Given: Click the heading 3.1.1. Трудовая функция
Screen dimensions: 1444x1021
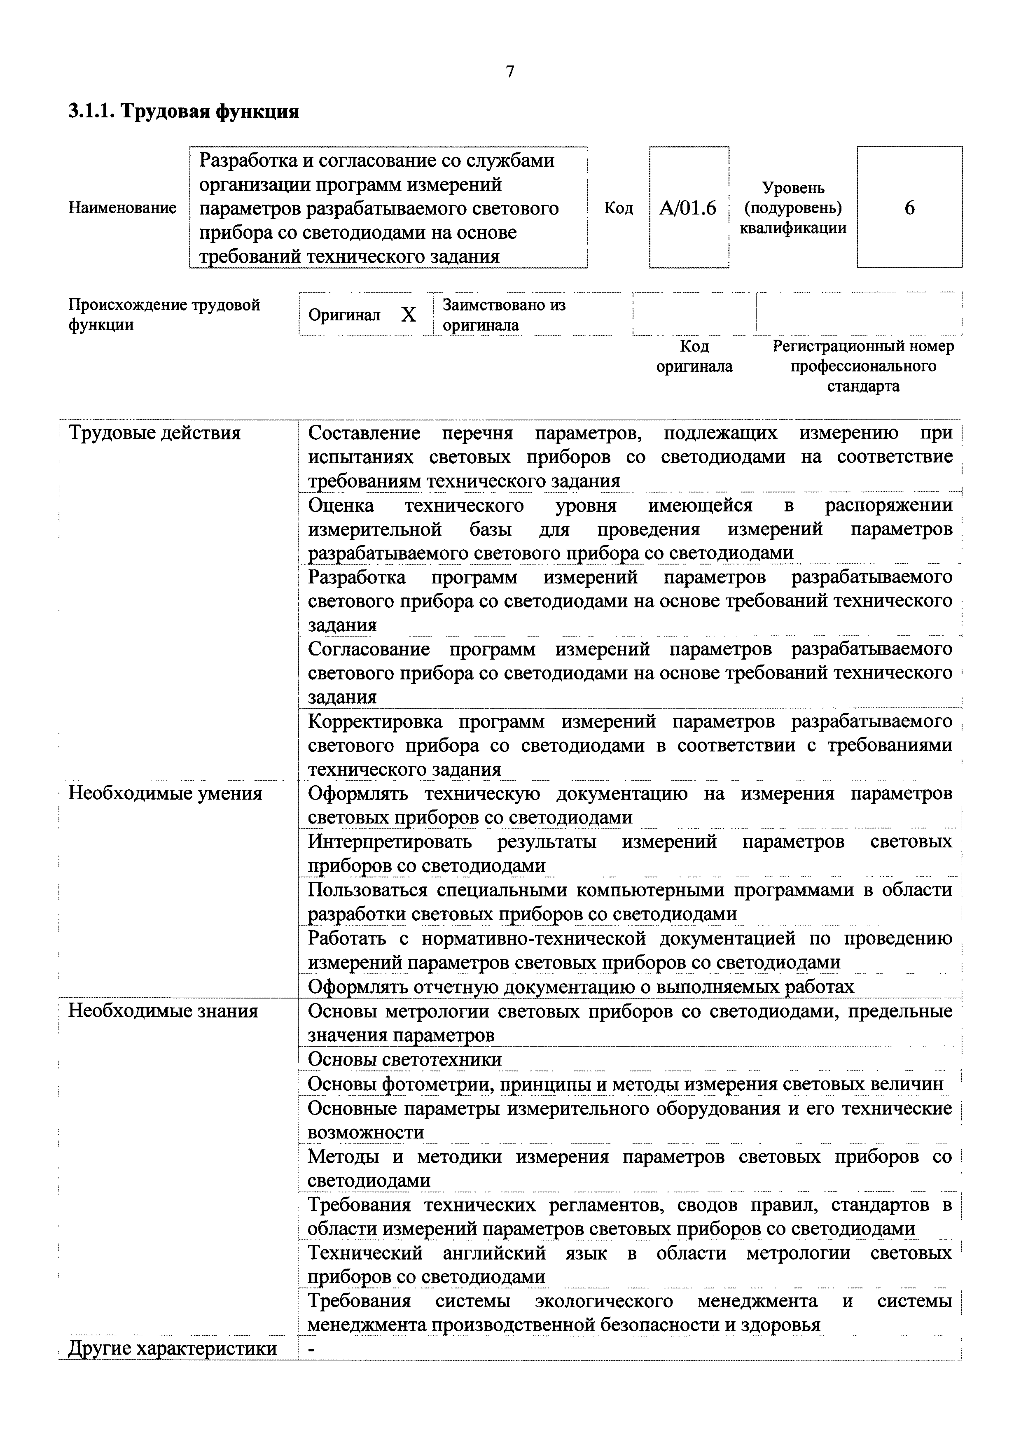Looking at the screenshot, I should click(x=183, y=112).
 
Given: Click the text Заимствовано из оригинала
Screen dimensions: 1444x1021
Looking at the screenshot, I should click(x=503, y=315).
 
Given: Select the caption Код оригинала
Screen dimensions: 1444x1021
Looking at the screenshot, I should click(x=694, y=356).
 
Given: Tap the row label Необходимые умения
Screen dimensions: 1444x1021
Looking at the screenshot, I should click(x=165, y=793).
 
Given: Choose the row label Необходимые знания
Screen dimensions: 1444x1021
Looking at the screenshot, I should click(x=163, y=1011).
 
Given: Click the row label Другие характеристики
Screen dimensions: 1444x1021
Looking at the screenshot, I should click(x=173, y=1348).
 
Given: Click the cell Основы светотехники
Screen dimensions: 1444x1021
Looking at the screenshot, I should click(x=404, y=1060).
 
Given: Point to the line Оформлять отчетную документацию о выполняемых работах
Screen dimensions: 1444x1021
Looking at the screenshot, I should click(x=581, y=987).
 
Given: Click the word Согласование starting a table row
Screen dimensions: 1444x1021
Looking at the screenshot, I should click(x=369, y=649).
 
